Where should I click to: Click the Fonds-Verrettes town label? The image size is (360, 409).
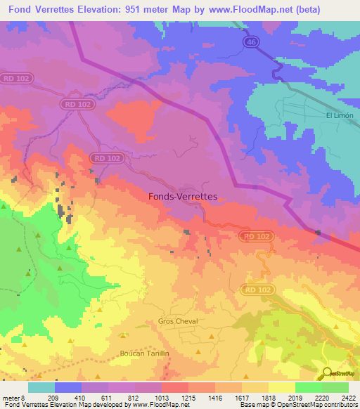(184, 197)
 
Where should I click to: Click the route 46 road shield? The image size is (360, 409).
(251, 43)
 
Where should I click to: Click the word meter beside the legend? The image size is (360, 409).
(10, 397)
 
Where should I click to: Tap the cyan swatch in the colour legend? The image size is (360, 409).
(41, 387)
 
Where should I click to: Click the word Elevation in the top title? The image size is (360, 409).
(96, 10)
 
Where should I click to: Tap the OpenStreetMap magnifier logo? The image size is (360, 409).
(328, 372)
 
